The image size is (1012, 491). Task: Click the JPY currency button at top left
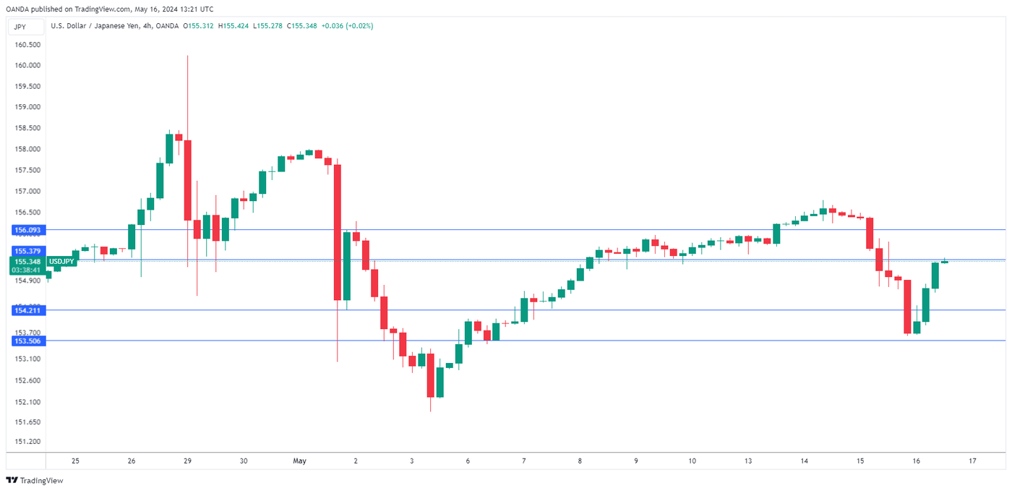click(20, 26)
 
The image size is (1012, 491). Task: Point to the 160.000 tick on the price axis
click(27, 65)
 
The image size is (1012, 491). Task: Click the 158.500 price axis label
click(27, 128)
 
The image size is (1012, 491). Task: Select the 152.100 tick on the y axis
click(27, 401)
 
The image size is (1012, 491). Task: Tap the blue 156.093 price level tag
click(27, 230)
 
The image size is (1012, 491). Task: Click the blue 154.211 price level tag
click(27, 310)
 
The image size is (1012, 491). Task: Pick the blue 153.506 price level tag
click(27, 341)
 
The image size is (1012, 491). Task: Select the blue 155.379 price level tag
click(27, 251)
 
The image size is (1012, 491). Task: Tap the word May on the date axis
click(300, 461)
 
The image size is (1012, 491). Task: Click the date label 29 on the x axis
click(187, 461)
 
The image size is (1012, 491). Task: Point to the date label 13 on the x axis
click(748, 461)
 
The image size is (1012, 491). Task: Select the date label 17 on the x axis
click(973, 461)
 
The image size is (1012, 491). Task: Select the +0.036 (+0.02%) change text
click(348, 26)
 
